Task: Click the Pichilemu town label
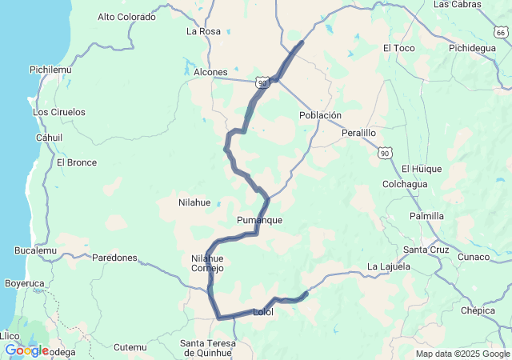click(50, 70)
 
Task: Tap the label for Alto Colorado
click(126, 16)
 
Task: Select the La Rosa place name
click(203, 31)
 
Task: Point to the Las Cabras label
click(457, 4)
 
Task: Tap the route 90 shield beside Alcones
click(263, 82)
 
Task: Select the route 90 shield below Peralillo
click(385, 152)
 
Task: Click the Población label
click(320, 115)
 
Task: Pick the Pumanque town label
click(259, 219)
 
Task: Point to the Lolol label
click(262, 312)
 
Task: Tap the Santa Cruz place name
click(426, 250)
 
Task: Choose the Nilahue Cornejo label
click(207, 263)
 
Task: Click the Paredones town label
click(114, 258)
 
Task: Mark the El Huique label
click(422, 169)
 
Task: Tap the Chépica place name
click(478, 310)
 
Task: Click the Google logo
click(26, 350)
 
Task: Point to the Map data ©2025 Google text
click(462, 354)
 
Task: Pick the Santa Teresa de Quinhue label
click(208, 347)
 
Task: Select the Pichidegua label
click(473, 48)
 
